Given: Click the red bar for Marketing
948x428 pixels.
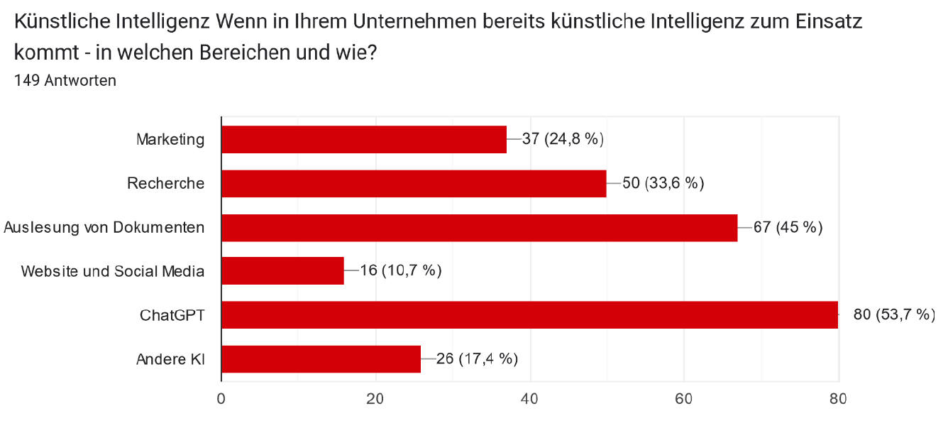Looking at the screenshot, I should [364, 139].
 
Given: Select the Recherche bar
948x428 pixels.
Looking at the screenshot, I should [414, 183].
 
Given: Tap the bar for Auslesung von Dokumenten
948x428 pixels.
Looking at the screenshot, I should [479, 227].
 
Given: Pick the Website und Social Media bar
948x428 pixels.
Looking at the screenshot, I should [282, 271].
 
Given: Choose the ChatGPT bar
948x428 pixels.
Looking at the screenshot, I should [529, 315].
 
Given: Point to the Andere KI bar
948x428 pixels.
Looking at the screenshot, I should [321, 359].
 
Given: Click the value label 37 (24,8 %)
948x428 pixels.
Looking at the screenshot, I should [563, 139].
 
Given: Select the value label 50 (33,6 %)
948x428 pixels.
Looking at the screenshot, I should [663, 183].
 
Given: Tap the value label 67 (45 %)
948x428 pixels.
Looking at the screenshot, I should [788, 227].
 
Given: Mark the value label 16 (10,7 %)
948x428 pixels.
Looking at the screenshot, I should [401, 271].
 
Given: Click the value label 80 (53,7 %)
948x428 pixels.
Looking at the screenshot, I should [894, 315].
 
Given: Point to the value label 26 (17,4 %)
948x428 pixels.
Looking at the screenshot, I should [477, 359].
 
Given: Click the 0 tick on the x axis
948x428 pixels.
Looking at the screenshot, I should [221, 399].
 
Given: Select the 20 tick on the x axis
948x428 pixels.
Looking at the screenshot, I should [375, 399].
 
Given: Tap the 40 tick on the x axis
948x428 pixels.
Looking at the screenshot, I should [529, 399].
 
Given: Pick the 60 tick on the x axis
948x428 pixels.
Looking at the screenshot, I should [684, 399].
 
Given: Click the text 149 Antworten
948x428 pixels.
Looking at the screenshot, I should [65, 81].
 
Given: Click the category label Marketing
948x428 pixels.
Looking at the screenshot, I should [170, 139].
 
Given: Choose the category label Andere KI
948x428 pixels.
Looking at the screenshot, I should [170, 359].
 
